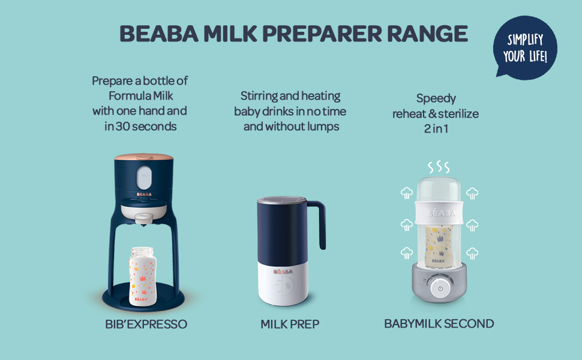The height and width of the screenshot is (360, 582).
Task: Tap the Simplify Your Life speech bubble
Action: pyautogui.click(x=525, y=47)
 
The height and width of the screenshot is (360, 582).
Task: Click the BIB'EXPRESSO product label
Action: pyautogui.click(x=146, y=324)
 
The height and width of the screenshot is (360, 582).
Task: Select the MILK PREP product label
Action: pyautogui.click(x=290, y=324)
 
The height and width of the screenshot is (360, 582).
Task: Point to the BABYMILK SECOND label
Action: pyautogui.click(x=439, y=323)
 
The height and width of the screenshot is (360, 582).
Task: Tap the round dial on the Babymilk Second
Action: pyautogui.click(x=440, y=288)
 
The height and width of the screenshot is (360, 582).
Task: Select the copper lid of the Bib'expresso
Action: pyautogui.click(x=143, y=157)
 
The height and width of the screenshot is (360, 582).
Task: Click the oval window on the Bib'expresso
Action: pyautogui.click(x=144, y=178)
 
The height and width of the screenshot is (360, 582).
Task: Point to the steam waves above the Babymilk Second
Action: pyautogui.click(x=439, y=167)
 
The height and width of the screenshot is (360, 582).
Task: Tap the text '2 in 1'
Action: pyautogui.click(x=436, y=129)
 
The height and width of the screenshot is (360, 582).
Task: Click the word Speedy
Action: pyautogui.click(x=436, y=99)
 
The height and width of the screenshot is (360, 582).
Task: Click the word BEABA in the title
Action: pyautogui.click(x=159, y=34)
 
